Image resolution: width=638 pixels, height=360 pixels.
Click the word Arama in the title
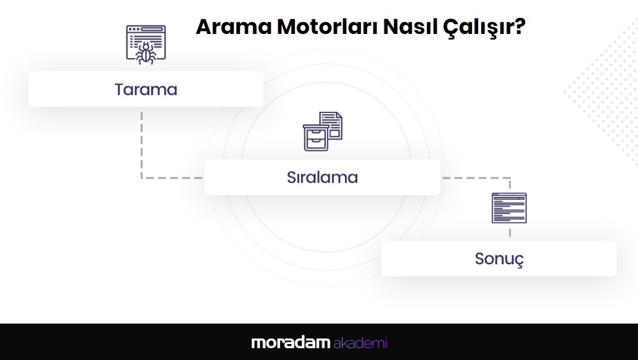click(234, 27)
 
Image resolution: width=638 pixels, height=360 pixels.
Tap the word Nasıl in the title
click(410, 27)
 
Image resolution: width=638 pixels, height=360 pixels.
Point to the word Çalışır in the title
click(478, 28)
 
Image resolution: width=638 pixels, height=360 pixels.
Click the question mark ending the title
click(520, 27)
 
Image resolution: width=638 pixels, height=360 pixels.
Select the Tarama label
click(146, 90)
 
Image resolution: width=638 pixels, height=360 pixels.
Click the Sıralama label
click(322, 177)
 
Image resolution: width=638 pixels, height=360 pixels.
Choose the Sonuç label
click(499, 259)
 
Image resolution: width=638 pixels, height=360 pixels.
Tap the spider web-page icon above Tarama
click(146, 45)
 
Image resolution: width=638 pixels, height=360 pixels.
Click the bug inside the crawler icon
click(146, 53)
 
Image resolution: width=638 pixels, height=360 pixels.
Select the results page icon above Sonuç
click(509, 207)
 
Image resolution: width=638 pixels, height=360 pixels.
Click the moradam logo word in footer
click(291, 343)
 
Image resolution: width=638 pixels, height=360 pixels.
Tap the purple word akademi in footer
click(360, 343)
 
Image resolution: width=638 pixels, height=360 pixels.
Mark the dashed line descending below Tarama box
click(141, 144)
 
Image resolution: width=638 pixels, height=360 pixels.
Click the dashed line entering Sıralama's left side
click(172, 178)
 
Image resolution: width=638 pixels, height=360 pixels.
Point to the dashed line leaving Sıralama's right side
click(476, 178)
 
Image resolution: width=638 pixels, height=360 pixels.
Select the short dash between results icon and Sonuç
click(510, 233)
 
